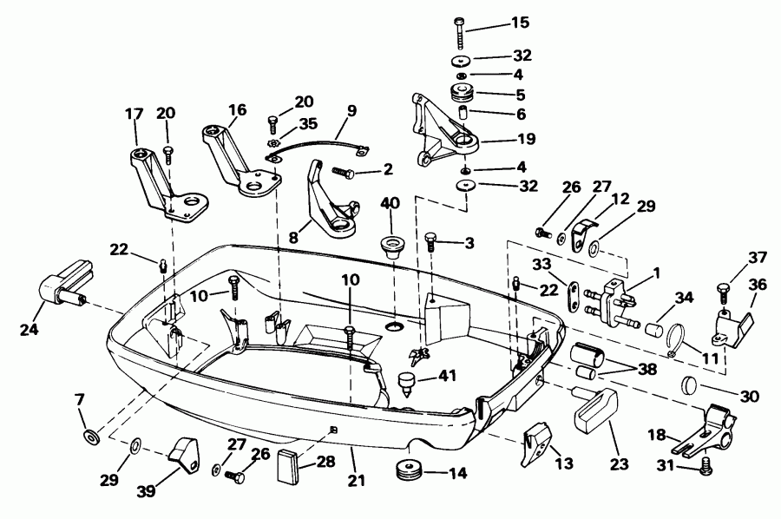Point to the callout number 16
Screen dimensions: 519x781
click(x=237, y=110)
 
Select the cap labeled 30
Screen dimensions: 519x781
click(x=689, y=385)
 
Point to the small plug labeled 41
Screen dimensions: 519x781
click(x=405, y=381)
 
